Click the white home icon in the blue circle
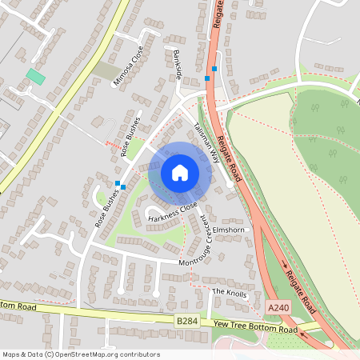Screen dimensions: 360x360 point(180,173)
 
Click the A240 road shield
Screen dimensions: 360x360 point(278,307)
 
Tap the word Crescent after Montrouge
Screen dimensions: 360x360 point(207,232)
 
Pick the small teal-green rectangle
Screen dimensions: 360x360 point(35,76)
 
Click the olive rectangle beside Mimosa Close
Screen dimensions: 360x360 point(104,71)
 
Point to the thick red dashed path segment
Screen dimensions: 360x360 point(114,145)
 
